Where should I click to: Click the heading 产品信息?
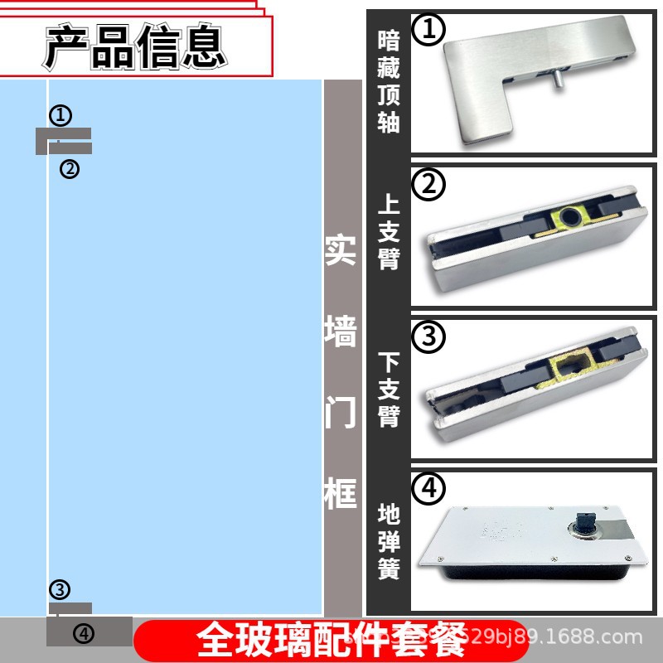click(135, 46)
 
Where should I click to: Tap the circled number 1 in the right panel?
click(428, 31)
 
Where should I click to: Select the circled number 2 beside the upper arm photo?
click(428, 185)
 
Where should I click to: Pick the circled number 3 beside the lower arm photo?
click(428, 336)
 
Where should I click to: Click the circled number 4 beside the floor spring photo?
click(428, 489)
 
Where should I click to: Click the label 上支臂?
click(388, 233)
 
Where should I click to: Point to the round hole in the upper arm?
click(570, 218)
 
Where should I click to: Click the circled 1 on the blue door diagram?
click(61, 115)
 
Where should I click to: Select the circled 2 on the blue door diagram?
click(70, 169)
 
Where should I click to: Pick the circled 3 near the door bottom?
click(60, 590)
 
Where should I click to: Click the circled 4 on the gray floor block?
click(84, 634)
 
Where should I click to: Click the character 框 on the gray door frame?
click(341, 494)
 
